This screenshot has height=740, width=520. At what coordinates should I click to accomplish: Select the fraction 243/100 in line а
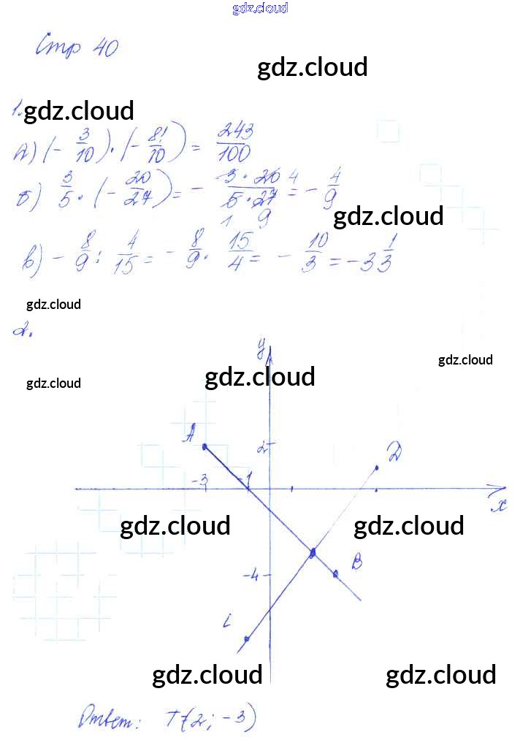click(x=234, y=143)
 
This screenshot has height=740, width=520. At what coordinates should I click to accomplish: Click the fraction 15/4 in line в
click(x=240, y=253)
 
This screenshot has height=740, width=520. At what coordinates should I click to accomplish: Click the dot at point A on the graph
click(x=204, y=446)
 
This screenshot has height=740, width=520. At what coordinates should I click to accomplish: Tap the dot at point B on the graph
click(x=335, y=573)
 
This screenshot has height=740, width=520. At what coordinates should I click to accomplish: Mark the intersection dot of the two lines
click(x=313, y=552)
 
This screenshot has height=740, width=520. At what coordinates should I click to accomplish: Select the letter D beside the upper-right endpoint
click(x=395, y=452)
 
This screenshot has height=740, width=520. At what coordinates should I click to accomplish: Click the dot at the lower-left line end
click(x=246, y=638)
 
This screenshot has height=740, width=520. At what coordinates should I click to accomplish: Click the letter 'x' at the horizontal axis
click(x=500, y=505)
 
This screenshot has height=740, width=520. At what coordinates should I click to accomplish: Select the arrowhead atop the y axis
click(x=270, y=356)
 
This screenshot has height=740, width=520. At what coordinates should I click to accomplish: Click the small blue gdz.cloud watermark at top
click(x=260, y=8)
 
